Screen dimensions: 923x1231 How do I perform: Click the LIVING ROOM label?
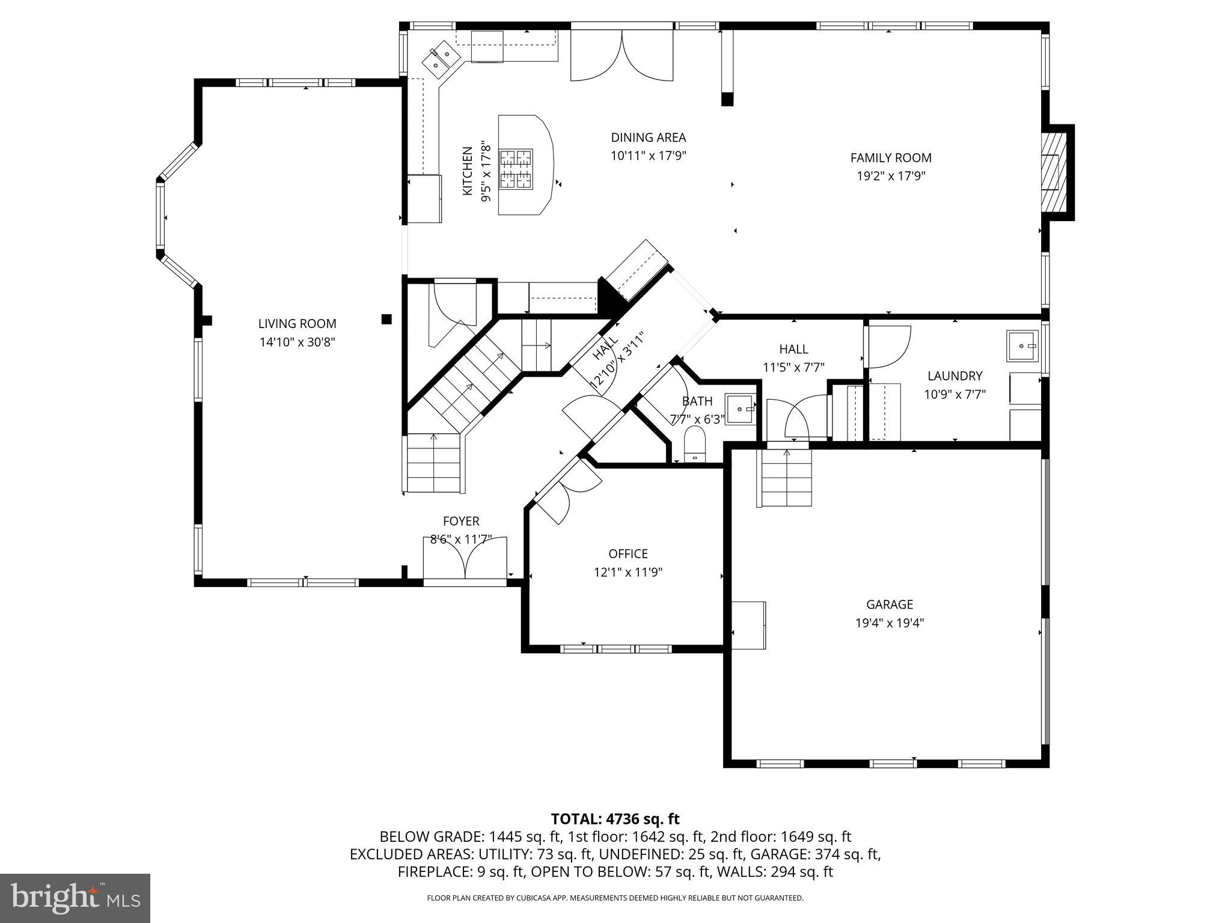tap(297, 323)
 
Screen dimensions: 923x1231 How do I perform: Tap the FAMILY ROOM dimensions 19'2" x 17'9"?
tap(890, 176)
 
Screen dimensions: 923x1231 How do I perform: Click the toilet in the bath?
tap(695, 445)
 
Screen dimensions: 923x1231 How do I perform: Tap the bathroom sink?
tap(740, 409)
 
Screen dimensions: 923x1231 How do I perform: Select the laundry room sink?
tap(1022, 346)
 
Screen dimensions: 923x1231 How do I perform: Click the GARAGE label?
tap(889, 605)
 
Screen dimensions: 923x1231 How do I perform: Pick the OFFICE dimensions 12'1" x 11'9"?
tap(628, 572)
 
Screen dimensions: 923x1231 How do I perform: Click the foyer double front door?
tap(465, 559)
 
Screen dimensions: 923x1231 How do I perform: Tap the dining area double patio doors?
tap(622, 56)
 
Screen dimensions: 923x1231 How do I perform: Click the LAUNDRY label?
tap(955, 376)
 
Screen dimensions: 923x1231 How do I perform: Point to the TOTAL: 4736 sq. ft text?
tap(615, 818)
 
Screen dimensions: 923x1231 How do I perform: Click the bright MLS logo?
tap(75, 898)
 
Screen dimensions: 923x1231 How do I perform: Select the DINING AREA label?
tap(648, 138)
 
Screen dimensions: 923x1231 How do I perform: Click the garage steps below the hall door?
tap(787, 478)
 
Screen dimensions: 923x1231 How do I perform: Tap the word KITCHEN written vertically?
tap(468, 171)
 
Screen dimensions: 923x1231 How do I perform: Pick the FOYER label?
tap(461, 521)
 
